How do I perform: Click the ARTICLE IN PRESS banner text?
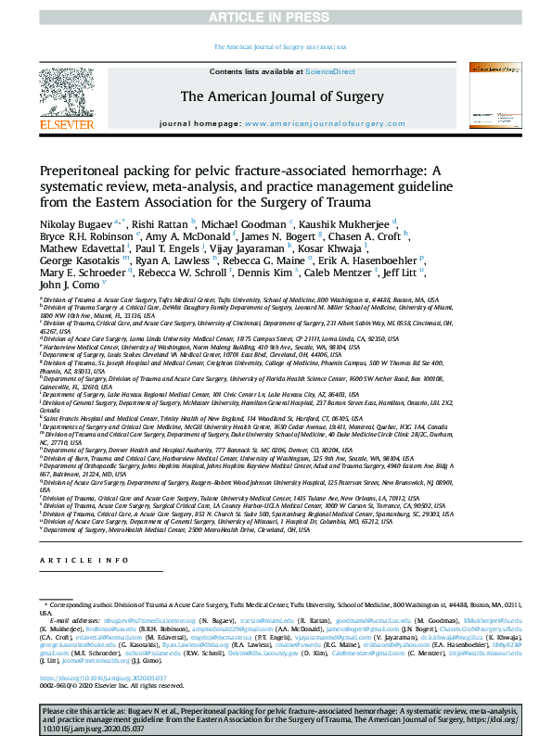[x=276, y=18]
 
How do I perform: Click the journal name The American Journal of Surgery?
[x=275, y=95]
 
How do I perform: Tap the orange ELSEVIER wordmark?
[x=66, y=124]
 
